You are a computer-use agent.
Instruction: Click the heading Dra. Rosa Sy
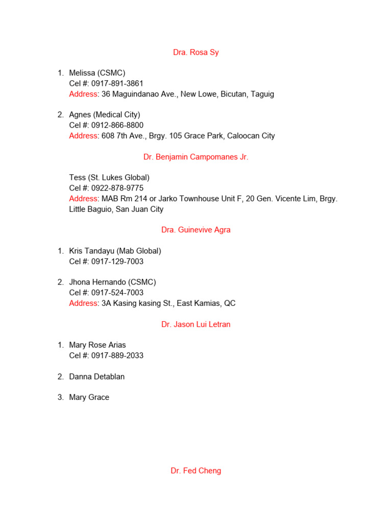196,52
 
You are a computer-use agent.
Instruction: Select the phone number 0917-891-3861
117,84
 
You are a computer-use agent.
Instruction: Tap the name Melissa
82,73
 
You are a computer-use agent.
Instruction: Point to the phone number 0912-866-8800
117,126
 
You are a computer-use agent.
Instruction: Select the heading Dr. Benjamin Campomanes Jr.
196,157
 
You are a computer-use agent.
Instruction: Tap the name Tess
78,178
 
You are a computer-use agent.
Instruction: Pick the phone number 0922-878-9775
117,188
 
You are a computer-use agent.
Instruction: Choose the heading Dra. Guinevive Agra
196,230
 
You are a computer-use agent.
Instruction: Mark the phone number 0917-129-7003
117,261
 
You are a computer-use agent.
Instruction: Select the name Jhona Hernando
97,282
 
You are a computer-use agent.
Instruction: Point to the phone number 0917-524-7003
117,293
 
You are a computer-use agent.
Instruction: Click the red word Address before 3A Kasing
83,303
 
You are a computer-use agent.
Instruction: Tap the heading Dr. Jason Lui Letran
196,324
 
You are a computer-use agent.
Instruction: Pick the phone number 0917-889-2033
117,356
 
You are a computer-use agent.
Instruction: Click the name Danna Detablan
97,377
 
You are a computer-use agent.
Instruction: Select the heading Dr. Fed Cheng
196,471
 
